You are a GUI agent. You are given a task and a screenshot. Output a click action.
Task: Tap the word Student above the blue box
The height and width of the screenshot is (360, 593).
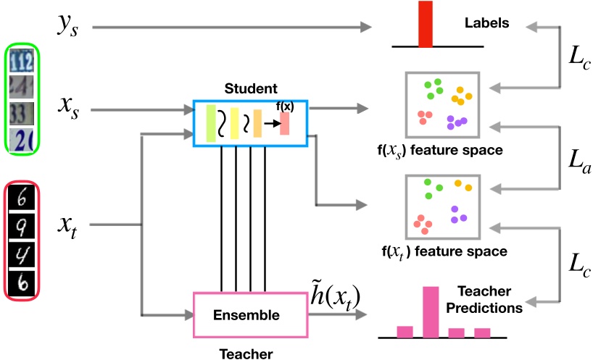(x=250, y=89)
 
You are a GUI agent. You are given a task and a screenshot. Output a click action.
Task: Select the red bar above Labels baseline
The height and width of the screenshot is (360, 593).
(x=426, y=23)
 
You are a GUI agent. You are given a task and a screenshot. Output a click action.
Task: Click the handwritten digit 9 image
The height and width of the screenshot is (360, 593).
(x=23, y=230)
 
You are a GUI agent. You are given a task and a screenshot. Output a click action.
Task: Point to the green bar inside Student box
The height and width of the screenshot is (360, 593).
(x=211, y=122)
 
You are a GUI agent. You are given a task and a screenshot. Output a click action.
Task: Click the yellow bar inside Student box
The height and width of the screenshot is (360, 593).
(x=234, y=122)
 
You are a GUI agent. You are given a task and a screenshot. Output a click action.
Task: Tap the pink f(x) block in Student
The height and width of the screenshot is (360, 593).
(x=285, y=123)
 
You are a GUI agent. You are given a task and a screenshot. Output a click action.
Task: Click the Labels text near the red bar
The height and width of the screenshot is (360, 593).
(x=487, y=22)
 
